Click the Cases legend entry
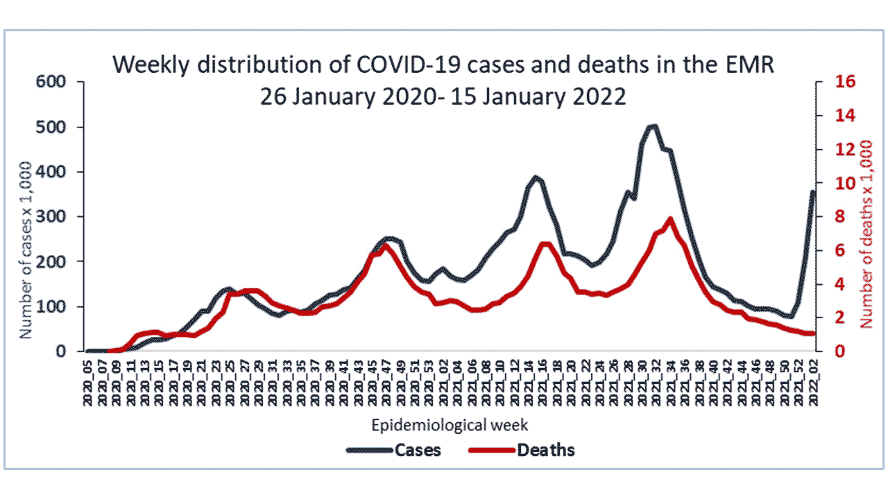[x=418, y=450]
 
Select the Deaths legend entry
[x=546, y=450]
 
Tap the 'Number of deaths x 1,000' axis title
[x=866, y=234]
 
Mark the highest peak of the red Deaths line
[x=670, y=219]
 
